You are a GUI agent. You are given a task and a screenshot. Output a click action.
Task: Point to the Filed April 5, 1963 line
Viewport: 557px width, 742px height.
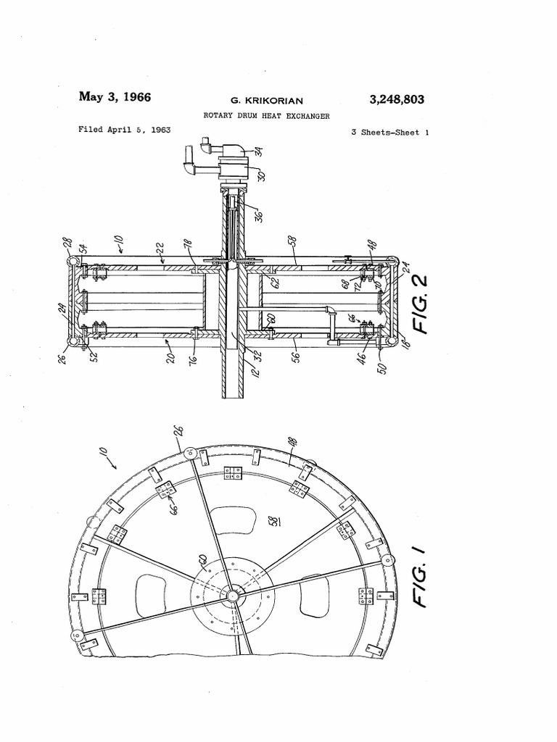coord(124,130)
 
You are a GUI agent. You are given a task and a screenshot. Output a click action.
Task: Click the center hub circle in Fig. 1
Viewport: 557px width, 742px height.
coord(232,596)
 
